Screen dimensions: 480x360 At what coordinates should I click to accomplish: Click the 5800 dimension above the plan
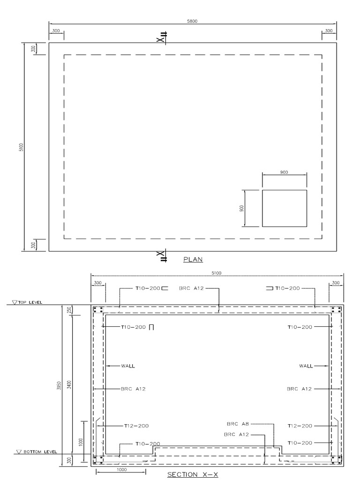tap(193, 21)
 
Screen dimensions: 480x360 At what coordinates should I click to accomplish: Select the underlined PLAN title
tap(193, 258)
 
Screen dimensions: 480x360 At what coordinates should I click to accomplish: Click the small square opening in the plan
tap(284, 208)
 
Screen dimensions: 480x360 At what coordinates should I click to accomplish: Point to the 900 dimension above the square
tap(284, 172)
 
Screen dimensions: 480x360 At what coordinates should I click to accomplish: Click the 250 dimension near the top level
tap(69, 310)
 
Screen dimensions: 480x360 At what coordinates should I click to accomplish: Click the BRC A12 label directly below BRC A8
tap(236, 435)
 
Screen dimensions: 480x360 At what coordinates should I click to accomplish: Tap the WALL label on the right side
tap(307, 366)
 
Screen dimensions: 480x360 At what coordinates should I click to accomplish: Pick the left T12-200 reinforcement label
tap(136, 426)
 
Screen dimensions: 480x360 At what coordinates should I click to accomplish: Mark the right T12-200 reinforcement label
tap(300, 426)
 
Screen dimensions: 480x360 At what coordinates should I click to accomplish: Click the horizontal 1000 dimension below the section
tap(109, 468)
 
